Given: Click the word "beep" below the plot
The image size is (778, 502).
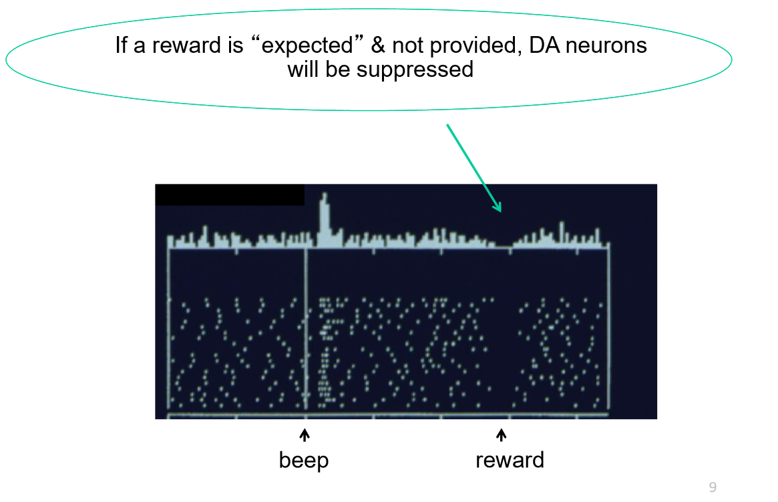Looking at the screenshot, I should (304, 461).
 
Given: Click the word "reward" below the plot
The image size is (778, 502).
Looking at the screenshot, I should (510, 460).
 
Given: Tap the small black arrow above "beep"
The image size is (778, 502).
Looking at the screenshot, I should (305, 436).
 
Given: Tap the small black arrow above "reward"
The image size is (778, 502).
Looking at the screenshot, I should (502, 436).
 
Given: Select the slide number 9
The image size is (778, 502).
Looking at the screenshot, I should (713, 487).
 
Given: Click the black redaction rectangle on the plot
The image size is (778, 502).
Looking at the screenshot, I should (230, 195).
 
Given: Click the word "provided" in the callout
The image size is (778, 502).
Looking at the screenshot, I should (464, 46).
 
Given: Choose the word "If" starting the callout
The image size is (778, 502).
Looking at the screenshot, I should (121, 45).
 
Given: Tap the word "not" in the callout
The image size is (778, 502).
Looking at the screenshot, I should (406, 45).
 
